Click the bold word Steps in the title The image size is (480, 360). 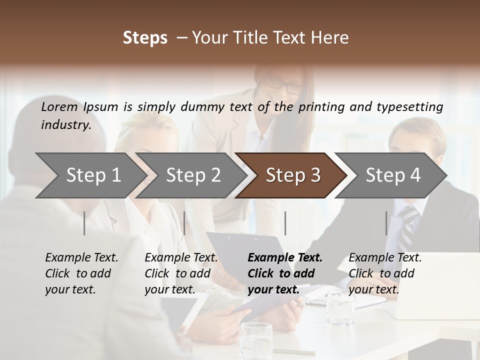coord(145,38)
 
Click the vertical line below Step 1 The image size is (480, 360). coord(84,223)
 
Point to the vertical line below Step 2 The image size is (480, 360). coord(184,223)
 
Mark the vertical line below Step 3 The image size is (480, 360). coord(285,223)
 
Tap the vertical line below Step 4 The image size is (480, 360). coord(386,223)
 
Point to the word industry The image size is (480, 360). coord(65,125)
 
